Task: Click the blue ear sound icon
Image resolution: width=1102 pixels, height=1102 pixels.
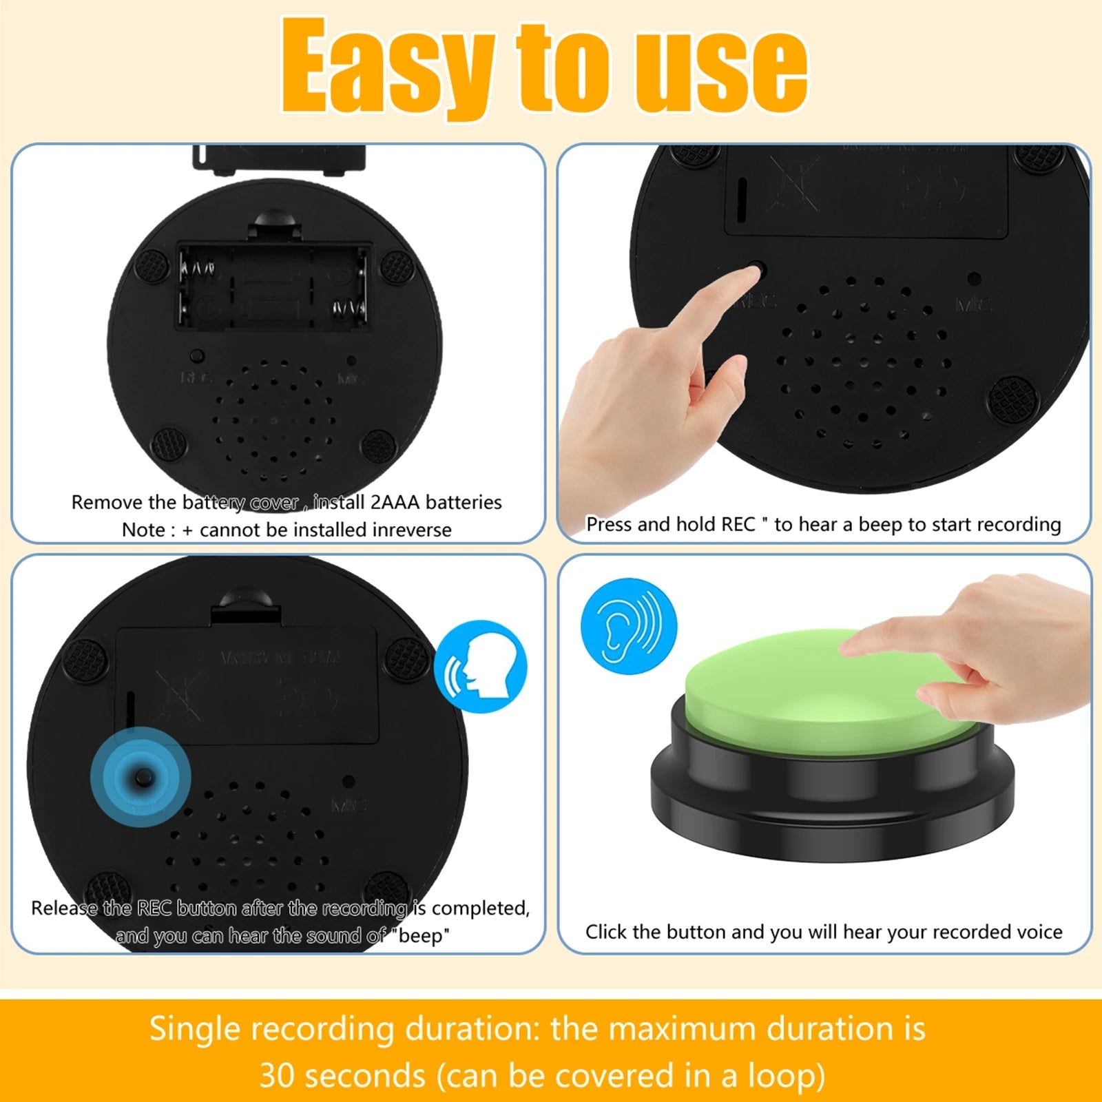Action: (x=629, y=626)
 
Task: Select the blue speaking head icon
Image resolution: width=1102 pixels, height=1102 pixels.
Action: (x=481, y=666)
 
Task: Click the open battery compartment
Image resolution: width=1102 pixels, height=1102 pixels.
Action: (x=273, y=285)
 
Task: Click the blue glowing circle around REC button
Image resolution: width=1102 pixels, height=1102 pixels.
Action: (x=141, y=777)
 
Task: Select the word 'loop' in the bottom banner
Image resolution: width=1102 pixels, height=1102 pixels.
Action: (x=779, y=1075)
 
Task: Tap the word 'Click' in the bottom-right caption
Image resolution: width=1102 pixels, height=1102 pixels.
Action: (x=606, y=932)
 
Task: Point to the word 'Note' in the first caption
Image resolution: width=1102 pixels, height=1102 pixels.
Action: (x=143, y=530)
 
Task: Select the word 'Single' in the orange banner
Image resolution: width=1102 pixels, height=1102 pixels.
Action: (x=194, y=1029)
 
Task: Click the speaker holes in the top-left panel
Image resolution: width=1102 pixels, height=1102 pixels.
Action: (x=273, y=420)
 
